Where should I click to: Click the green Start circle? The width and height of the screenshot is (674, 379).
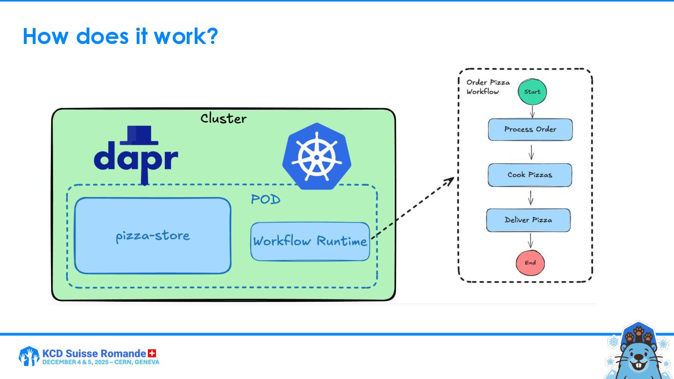[x=532, y=92]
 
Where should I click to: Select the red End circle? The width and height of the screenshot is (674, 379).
[x=530, y=262]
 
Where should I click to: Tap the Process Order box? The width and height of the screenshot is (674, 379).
[x=530, y=130]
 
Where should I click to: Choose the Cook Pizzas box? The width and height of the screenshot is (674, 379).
[x=530, y=175]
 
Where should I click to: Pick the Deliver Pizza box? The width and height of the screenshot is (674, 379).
[x=528, y=220]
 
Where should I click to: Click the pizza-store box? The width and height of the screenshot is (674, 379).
[x=153, y=235]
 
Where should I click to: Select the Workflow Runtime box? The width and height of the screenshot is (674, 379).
[x=310, y=241]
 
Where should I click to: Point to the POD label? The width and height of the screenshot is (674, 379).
[x=265, y=200]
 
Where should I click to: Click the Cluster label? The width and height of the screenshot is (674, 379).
[x=223, y=118]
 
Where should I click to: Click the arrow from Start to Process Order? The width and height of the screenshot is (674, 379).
[x=532, y=111]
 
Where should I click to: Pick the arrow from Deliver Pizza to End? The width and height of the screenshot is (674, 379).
[x=530, y=241]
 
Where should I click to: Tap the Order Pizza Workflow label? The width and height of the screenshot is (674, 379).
[x=488, y=87]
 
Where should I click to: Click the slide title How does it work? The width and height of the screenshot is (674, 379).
[x=120, y=36]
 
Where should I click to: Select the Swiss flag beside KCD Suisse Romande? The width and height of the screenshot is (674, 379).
[x=152, y=353]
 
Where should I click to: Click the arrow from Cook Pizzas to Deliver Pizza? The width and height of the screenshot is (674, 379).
[x=530, y=197]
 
